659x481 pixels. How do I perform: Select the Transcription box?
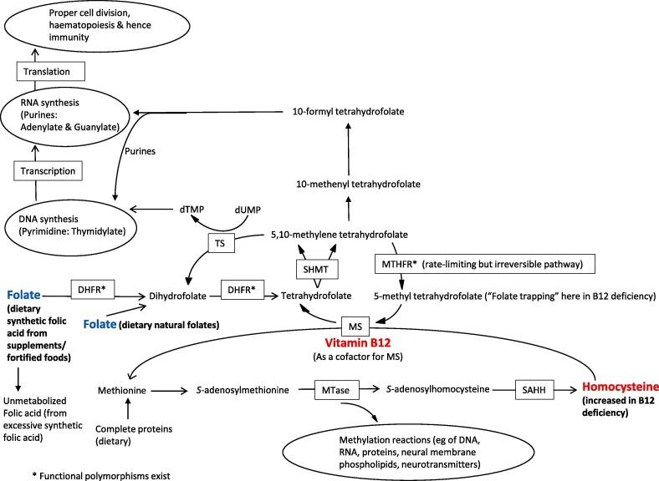(45, 170)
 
